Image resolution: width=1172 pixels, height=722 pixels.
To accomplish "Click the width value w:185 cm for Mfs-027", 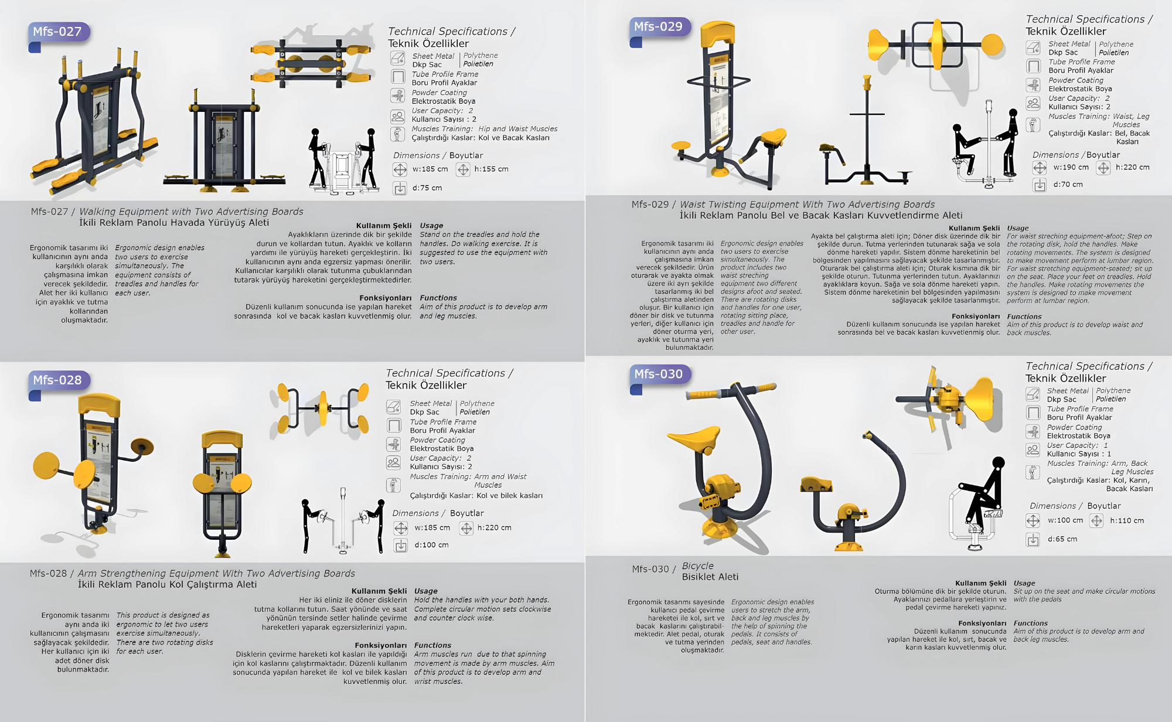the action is coord(430,169).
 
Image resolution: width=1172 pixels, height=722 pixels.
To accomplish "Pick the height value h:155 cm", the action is coord(492,169).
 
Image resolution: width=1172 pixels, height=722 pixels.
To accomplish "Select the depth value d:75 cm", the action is coord(427,188).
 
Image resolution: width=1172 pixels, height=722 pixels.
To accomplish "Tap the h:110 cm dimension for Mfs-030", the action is coord(1127,520).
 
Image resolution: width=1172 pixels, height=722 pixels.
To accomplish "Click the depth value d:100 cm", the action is coord(432,545).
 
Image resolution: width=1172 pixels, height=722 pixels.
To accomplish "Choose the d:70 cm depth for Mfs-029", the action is coord(1068,185).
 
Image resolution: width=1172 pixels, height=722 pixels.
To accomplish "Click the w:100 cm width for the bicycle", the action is coord(1065,520).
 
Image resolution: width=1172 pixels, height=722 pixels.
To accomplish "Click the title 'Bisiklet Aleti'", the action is coord(710,577).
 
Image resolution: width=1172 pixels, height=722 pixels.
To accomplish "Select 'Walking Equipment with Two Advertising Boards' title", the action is coord(191,212).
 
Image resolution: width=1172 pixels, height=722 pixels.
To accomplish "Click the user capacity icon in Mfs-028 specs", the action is coord(394,462).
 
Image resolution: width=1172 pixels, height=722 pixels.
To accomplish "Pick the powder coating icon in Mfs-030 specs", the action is coord(1033,431).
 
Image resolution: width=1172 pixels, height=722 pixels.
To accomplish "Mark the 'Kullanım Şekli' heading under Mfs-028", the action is coord(379,591).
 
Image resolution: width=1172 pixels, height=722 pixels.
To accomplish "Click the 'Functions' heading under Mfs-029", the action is coord(1024,316).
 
